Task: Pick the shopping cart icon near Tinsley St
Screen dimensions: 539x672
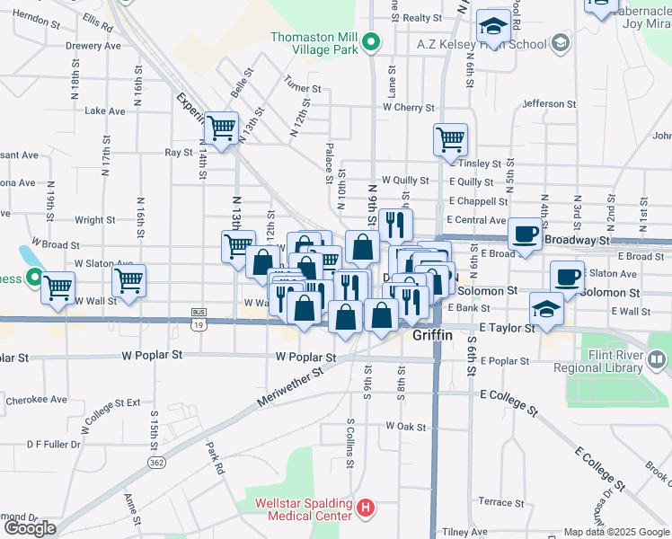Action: pyautogui.click(x=450, y=139)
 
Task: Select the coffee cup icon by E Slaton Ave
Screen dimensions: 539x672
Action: pyautogui.click(x=567, y=277)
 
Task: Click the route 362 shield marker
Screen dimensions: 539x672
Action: pyautogui.click(x=156, y=462)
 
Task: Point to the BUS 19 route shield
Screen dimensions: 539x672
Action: pyautogui.click(x=199, y=318)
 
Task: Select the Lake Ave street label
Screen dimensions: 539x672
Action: pyautogui.click(x=104, y=111)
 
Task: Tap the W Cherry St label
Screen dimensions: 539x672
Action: pyautogui.click(x=408, y=107)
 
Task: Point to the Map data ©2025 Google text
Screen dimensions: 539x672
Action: pyautogui.click(x=615, y=532)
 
